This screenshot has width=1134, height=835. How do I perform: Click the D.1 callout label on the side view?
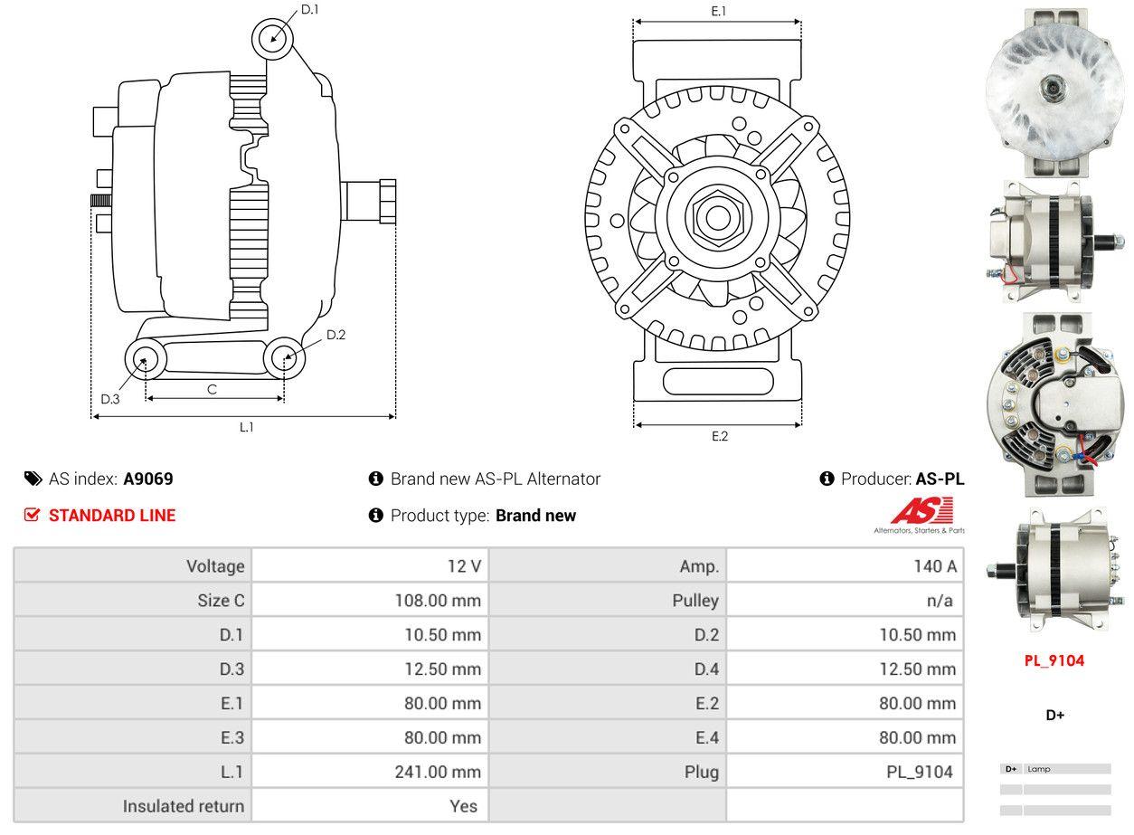pos(309,9)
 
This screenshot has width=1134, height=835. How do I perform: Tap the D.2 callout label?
pos(335,335)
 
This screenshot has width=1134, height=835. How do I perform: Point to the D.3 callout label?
pos(109,399)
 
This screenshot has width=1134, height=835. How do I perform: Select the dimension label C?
pos(213,389)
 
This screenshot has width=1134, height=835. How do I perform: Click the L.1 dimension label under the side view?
pos(247,427)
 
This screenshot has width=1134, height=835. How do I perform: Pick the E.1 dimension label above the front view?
pos(718,11)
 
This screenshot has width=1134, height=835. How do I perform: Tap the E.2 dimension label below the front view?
pos(720,436)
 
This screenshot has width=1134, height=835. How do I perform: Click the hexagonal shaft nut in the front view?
pos(717,218)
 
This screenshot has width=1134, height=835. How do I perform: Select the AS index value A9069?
pos(148,479)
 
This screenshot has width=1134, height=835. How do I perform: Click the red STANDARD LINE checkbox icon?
pos(32,515)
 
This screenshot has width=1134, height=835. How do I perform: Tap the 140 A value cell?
pos(935,565)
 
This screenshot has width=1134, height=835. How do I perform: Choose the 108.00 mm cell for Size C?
pos(438,600)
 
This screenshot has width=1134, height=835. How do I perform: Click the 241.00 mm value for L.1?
pos(438,772)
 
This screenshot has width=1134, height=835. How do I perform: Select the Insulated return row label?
pos(184,806)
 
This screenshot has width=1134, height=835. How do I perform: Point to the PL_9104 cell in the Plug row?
pos(920,772)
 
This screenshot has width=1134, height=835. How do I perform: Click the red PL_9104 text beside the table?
pos(1054,660)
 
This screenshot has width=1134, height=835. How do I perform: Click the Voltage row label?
pos(215,565)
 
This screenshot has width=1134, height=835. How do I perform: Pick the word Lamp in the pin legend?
pos(1039,769)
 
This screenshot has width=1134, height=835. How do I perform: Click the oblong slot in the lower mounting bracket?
pos(718,381)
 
